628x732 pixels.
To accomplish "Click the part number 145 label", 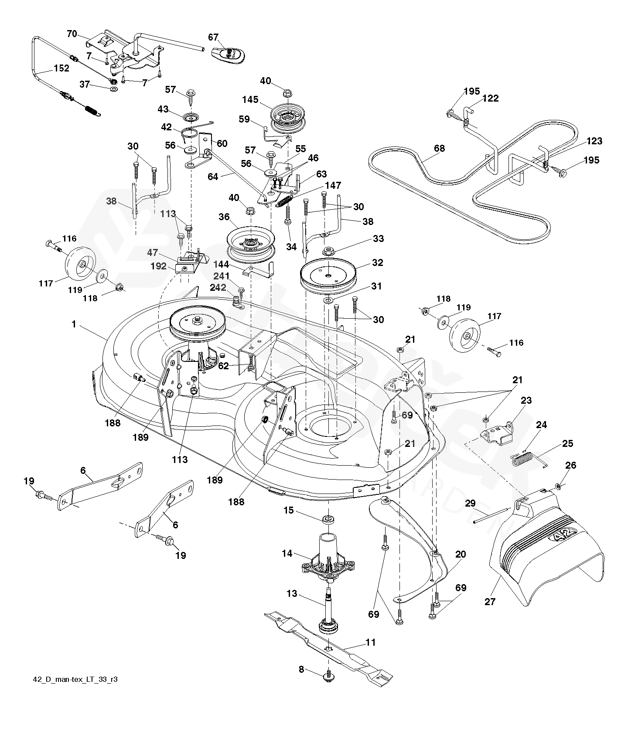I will point(250,100).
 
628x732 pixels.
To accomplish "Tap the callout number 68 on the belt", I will point(439,148).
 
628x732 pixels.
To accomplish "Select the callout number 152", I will point(61,68).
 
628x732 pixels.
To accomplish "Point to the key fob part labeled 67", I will point(228,54).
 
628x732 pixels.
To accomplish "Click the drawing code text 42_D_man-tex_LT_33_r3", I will point(75,692).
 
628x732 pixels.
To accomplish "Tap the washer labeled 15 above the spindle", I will point(328,519).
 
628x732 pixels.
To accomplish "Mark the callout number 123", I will point(594,141).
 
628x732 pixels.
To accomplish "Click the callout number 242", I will point(218,288).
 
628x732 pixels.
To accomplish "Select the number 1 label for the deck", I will point(74,324).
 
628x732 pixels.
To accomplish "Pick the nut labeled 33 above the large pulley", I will point(328,252).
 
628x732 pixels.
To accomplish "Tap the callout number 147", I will point(332,186).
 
